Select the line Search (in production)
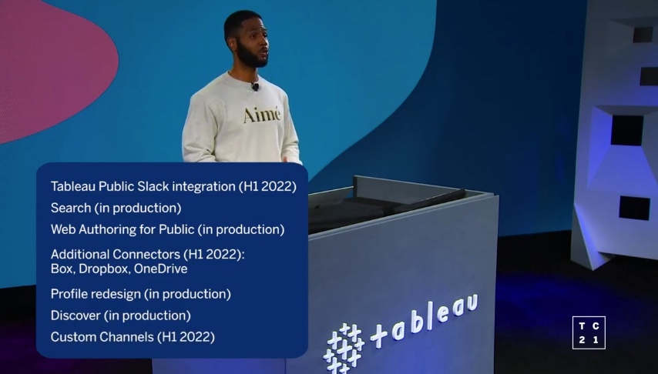[116, 208]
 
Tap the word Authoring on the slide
[109, 229]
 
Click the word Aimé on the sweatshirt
[262, 115]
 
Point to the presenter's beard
[250, 58]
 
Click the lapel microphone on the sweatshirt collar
[254, 87]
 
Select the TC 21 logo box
[589, 332]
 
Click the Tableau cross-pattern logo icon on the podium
[344, 347]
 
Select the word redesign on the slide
[116, 294]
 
